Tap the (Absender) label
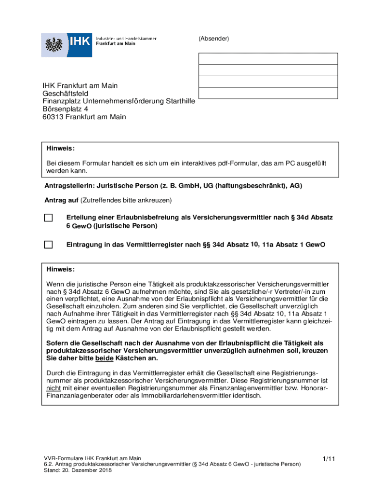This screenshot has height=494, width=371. [x=213, y=38]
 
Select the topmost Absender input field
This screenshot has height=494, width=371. [x=268, y=59]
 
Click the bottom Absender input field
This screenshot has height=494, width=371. [x=268, y=93]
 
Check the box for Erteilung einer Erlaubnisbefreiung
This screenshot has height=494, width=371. [x=48, y=218]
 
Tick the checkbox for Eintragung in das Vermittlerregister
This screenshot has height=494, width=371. [x=48, y=245]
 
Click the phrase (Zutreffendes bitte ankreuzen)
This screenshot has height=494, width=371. [x=126, y=200]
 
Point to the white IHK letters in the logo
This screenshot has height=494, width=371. [x=80, y=41]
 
